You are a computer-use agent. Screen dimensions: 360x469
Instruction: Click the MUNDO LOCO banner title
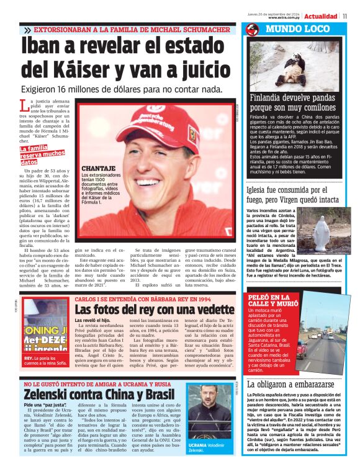click(290, 29)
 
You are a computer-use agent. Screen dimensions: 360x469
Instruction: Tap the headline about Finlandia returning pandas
click(293, 103)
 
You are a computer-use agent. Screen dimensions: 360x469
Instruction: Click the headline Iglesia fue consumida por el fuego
click(292, 195)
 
